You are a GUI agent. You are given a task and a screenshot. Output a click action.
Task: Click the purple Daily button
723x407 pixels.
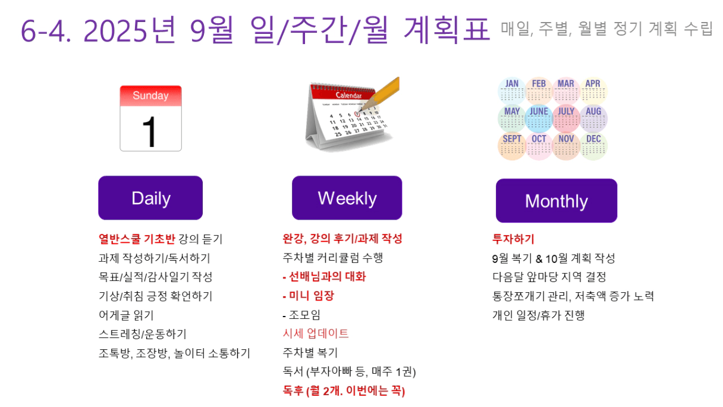coord(150,198)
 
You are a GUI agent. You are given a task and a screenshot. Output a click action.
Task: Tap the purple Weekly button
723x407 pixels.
coord(347,198)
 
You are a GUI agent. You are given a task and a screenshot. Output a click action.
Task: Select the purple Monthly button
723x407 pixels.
coord(557,201)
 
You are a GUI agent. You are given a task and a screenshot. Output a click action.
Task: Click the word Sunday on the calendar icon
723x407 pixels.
coord(150,95)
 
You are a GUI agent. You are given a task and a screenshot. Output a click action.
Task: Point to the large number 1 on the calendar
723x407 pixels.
coord(149,132)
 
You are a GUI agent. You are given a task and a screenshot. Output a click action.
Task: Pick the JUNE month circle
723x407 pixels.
coord(539,118)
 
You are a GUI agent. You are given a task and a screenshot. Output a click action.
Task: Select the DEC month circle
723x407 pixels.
coord(593,146)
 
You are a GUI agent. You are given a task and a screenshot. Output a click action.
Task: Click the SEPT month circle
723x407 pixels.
coord(511,146)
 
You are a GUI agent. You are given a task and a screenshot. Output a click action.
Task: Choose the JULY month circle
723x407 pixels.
coord(566,118)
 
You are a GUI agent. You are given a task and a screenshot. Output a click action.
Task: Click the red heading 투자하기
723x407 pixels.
coord(513,239)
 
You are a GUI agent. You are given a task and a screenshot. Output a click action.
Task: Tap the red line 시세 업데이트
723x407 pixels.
coord(316,333)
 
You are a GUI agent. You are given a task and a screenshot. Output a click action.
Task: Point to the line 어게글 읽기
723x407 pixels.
coord(126,315)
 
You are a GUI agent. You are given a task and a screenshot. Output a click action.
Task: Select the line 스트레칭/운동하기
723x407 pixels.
coord(143,334)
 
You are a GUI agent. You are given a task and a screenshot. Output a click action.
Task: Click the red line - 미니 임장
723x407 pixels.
coord(308,296)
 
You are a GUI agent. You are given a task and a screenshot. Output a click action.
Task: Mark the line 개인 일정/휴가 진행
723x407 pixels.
coord(538,315)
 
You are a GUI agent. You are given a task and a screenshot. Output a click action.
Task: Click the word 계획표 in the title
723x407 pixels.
coord(447,30)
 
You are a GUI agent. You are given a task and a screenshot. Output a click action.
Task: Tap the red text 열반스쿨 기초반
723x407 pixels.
coord(137,239)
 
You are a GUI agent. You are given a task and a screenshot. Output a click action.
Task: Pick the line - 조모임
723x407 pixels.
coord(301,315)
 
